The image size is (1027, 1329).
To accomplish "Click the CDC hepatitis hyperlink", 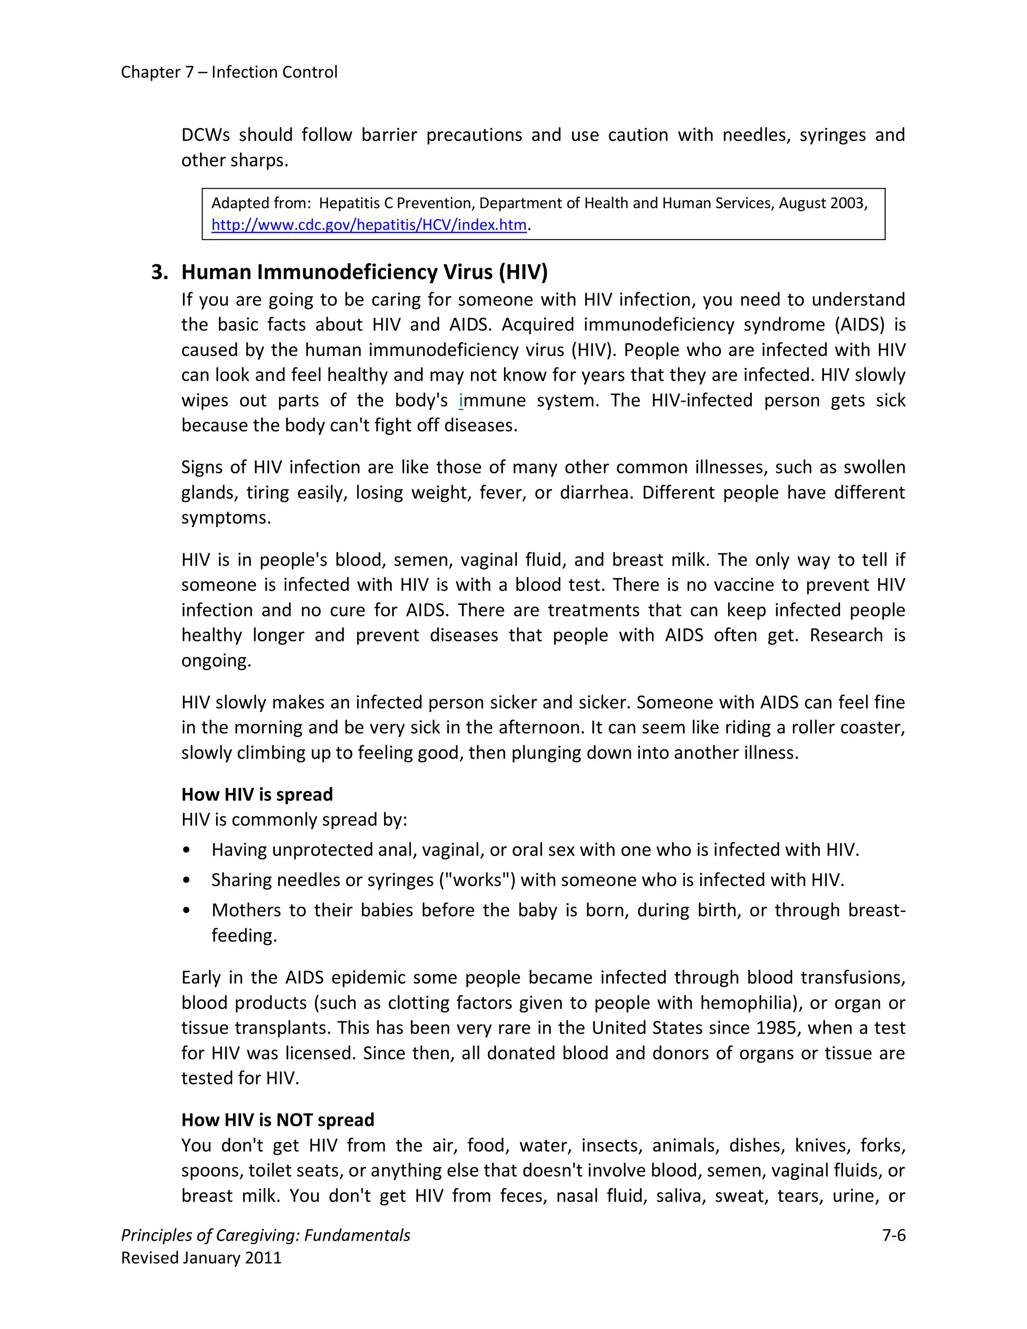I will click(369, 225).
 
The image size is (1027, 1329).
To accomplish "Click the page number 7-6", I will click(894, 1235).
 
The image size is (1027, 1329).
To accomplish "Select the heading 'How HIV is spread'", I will click(257, 795).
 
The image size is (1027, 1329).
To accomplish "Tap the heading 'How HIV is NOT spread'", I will click(277, 1120).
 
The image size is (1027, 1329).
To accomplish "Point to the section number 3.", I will click(159, 272).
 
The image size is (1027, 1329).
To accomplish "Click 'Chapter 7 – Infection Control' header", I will click(229, 72).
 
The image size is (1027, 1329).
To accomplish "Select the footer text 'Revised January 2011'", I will click(202, 1258).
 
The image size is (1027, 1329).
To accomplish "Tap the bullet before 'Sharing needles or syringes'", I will click(186, 881).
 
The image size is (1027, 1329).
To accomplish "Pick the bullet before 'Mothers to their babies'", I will click(186, 911).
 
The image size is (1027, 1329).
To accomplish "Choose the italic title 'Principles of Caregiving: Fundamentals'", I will click(265, 1235).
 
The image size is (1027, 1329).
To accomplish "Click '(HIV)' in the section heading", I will click(523, 272).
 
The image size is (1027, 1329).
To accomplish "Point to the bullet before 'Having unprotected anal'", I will click(186, 850).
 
